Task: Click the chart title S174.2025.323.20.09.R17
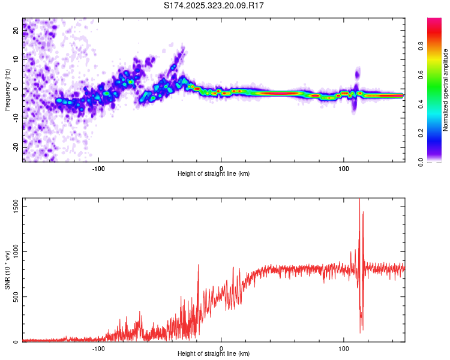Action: click(214, 5)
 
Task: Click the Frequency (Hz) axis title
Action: click(7, 89)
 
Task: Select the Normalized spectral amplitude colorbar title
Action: click(445, 90)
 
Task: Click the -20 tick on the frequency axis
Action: click(15, 148)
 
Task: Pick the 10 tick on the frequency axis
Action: click(16, 60)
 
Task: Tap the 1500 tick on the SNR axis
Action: click(12, 206)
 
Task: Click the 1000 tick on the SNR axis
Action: click(12, 252)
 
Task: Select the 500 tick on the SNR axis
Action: click(14, 297)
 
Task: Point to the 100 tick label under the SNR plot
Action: click(344, 348)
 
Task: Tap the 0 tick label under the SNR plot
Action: click(221, 348)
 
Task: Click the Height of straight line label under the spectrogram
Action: click(214, 174)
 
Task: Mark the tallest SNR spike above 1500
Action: click(359, 200)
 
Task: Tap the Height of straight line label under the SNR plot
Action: click(214, 355)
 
